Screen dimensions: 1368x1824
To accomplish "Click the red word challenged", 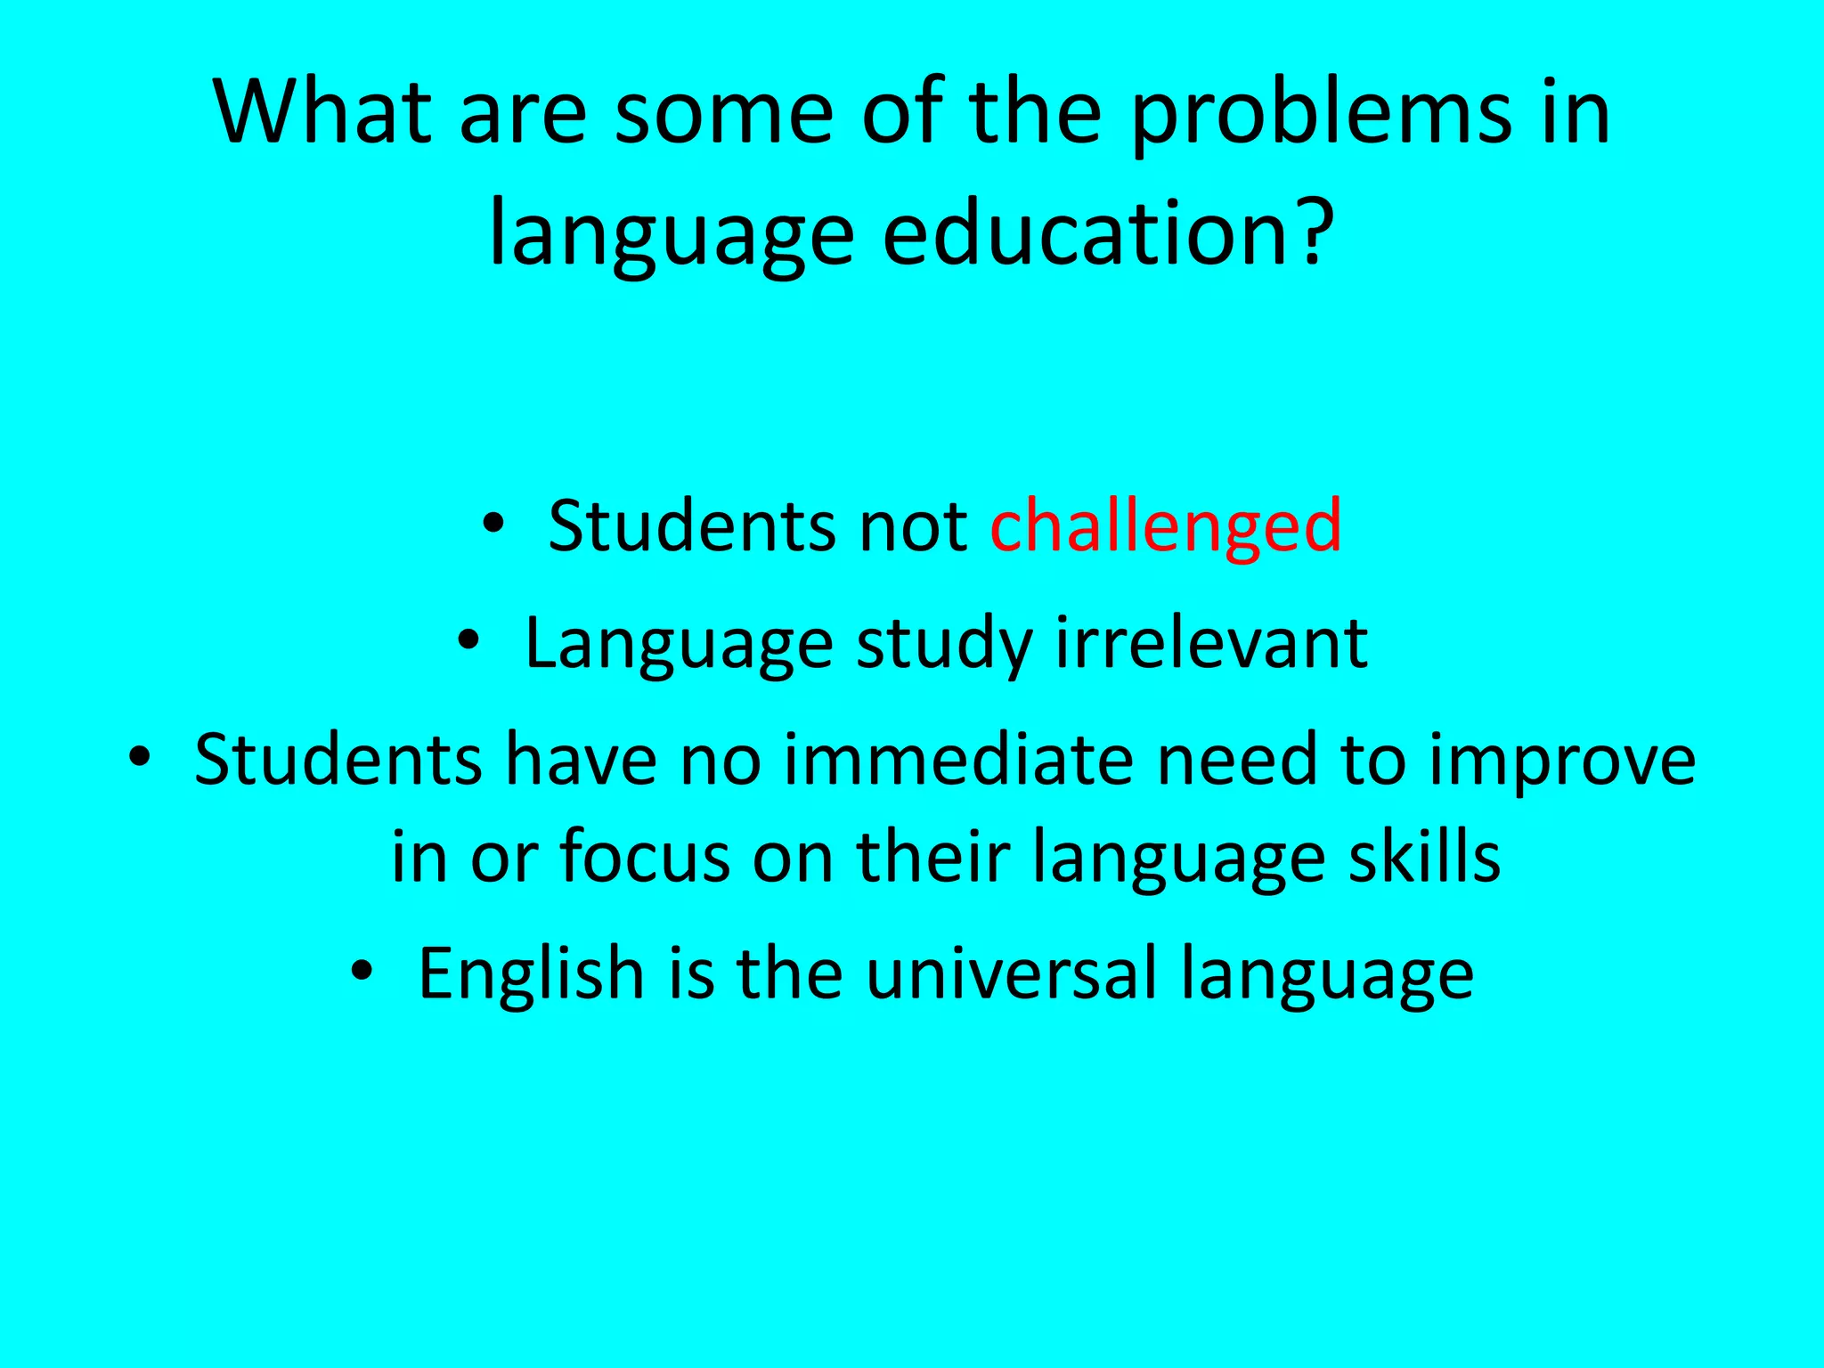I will click(1165, 527).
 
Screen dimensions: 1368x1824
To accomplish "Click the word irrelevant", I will click(1211, 643).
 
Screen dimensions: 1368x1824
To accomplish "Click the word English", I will click(531, 973).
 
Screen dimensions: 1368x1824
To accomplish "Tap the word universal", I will click(1011, 973).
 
